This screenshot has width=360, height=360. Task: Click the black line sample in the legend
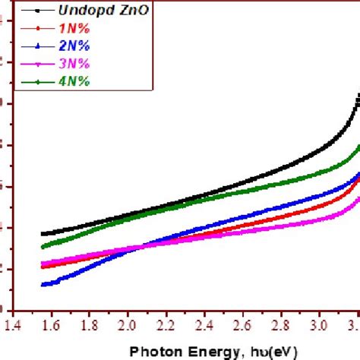coord(29,11)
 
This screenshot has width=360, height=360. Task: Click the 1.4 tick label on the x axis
coord(12,324)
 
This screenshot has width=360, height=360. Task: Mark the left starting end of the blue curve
coord(43,285)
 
